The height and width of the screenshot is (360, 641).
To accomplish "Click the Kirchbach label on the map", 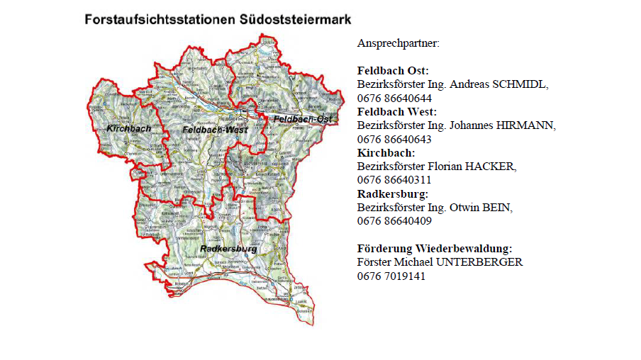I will pyautogui.click(x=129, y=128).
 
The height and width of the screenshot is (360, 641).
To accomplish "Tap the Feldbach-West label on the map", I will pyautogui.click(x=209, y=130).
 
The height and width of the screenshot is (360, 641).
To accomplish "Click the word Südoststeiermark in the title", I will pyautogui.click(x=293, y=19).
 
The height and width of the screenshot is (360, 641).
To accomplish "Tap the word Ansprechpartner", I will pyautogui.click(x=398, y=43).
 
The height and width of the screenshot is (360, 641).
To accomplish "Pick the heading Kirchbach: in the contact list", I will pyautogui.click(x=386, y=152).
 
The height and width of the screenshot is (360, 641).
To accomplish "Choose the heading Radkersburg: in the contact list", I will pyautogui.click(x=393, y=193).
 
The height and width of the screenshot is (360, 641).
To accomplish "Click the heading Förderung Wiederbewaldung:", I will pyautogui.click(x=435, y=248).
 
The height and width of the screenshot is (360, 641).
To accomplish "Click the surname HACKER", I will pyautogui.click(x=491, y=167).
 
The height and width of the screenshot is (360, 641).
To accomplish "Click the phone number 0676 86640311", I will pyautogui.click(x=394, y=180).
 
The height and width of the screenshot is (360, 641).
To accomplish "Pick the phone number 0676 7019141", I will pyautogui.click(x=391, y=276).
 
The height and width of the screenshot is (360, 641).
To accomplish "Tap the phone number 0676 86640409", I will pyautogui.click(x=394, y=221).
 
